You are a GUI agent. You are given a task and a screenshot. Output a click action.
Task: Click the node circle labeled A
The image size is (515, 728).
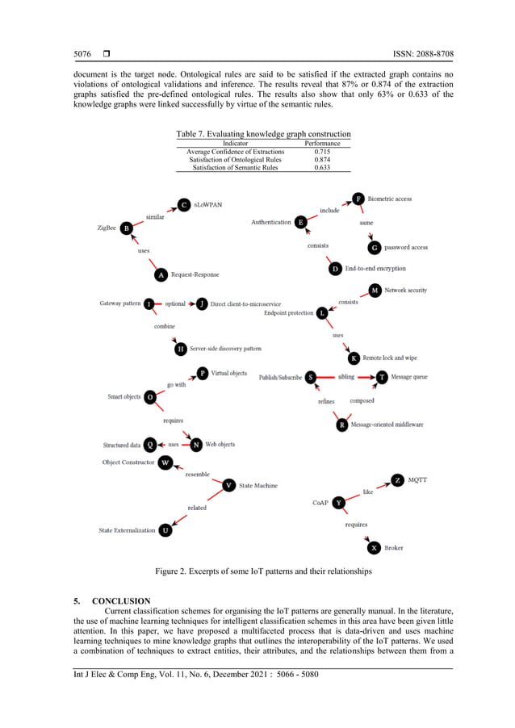[x=161, y=275]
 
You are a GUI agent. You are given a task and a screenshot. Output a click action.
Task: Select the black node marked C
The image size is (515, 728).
[x=184, y=205]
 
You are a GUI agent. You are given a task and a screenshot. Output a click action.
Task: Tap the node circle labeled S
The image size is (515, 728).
[x=311, y=377]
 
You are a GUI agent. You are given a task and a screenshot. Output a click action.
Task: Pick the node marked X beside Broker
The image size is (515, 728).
[x=374, y=548]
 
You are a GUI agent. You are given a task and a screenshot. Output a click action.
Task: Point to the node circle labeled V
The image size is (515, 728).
[x=229, y=485]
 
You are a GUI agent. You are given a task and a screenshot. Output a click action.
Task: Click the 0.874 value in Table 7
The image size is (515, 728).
[x=322, y=160]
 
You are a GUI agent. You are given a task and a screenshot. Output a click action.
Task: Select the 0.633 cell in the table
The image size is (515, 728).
[x=322, y=168]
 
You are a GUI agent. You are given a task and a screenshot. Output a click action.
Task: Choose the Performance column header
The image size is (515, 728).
[x=322, y=144]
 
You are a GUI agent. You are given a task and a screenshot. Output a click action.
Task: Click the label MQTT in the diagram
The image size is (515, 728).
[x=417, y=479]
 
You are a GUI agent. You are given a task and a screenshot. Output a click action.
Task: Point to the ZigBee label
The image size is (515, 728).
[x=107, y=228]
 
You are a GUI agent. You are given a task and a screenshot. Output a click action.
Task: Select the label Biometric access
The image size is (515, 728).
[x=390, y=199]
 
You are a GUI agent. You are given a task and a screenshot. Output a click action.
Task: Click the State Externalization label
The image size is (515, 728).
[x=127, y=530]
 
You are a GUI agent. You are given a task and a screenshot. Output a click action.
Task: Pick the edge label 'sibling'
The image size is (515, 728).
[x=346, y=377]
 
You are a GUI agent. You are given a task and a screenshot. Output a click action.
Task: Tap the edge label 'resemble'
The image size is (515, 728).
[x=198, y=475]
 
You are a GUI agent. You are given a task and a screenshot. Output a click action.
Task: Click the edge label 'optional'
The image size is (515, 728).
[x=175, y=303]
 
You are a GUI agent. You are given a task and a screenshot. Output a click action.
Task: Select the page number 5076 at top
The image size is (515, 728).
[x=82, y=54]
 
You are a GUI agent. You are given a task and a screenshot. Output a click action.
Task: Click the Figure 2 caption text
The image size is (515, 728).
[x=263, y=571]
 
